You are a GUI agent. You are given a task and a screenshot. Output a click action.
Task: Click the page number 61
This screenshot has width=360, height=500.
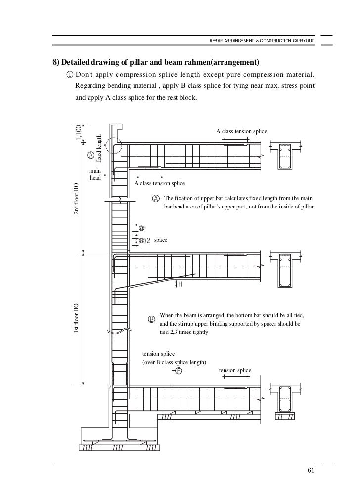point(310,470)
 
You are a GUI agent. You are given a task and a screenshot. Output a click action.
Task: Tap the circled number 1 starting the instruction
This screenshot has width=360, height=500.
point(68,75)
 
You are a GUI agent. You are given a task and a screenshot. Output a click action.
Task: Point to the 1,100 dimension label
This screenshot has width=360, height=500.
point(79,132)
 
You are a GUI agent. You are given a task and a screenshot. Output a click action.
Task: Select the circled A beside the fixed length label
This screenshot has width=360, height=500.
point(90,155)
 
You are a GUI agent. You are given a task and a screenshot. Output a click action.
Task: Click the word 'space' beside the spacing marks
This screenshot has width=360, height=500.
point(161,240)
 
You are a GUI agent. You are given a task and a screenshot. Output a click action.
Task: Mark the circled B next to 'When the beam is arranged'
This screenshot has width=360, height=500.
point(152,319)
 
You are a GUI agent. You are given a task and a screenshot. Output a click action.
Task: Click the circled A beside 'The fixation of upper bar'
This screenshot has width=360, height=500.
point(156,198)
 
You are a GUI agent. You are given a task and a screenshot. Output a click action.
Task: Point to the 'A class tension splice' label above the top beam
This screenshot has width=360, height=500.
point(242,131)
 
